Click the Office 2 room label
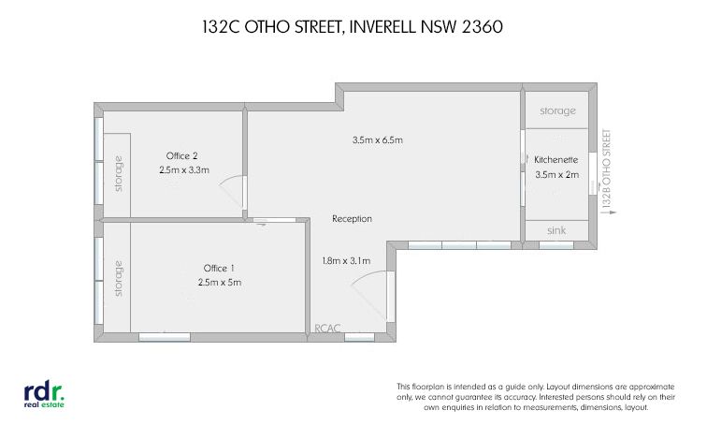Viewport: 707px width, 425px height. [181, 156]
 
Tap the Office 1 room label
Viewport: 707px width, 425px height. [219, 269]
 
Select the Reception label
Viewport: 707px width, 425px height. [353, 219]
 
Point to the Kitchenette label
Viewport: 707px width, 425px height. [555, 160]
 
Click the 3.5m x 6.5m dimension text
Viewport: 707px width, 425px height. [378, 140]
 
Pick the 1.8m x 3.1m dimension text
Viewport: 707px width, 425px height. [346, 261]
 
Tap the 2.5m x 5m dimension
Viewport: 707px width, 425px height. [220, 283]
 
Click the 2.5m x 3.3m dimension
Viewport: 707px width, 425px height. [184, 170]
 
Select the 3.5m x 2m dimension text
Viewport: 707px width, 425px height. [557, 175]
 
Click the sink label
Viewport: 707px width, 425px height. [556, 230]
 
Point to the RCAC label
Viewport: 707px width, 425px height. [327, 329]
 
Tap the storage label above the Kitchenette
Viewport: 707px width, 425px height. [557, 111]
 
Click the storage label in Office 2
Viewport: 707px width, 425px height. [118, 174]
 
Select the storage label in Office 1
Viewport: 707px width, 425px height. [118, 278]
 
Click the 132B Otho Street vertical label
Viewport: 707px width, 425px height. [607, 169]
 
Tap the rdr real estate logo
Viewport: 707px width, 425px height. [44, 396]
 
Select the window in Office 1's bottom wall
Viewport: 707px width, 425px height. [165, 337]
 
